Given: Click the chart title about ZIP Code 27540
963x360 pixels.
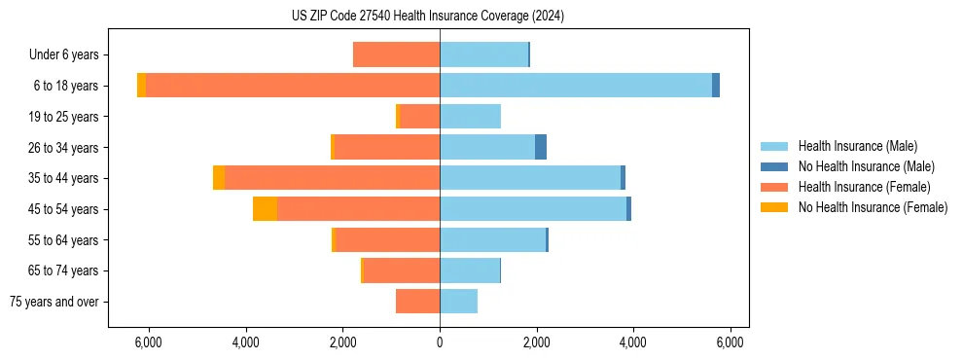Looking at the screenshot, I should [x=427, y=17].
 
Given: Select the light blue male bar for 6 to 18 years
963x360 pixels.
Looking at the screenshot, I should [x=576, y=86].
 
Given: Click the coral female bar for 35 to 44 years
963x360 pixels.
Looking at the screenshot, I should [x=332, y=178].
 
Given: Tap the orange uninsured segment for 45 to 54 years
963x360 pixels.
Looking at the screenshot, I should [x=265, y=209].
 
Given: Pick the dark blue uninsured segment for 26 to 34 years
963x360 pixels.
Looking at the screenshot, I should [x=541, y=147].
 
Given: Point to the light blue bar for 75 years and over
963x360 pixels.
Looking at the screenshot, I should [x=458, y=302].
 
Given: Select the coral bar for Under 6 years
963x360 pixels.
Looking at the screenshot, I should [x=396, y=54].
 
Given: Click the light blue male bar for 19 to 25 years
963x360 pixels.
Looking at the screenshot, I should [x=470, y=117].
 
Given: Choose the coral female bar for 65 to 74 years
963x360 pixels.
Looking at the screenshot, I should [x=402, y=270].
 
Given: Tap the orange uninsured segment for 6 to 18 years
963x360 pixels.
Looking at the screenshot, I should [x=142, y=86].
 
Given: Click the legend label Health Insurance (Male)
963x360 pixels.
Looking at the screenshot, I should [x=857, y=146].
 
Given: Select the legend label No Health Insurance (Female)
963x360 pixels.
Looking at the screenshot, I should [x=873, y=207].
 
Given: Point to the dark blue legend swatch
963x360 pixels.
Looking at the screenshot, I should [x=774, y=166].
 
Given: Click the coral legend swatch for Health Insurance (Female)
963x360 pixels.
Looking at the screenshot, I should [x=774, y=187].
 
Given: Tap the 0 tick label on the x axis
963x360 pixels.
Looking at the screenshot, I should [x=440, y=342].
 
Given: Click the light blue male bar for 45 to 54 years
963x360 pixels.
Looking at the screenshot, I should [x=533, y=209].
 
